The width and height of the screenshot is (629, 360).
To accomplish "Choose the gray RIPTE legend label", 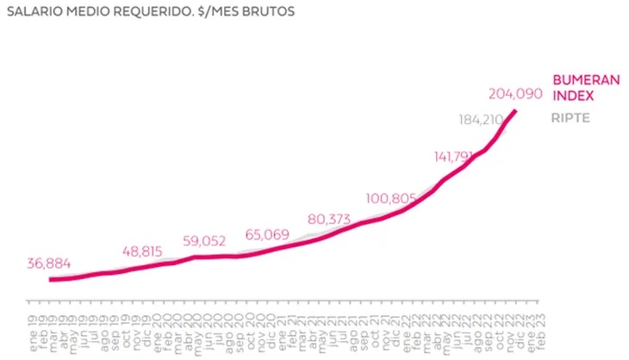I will click(570, 118).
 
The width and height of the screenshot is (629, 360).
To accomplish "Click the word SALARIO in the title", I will click(34, 13).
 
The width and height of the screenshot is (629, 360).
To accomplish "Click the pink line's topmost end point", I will click(516, 111).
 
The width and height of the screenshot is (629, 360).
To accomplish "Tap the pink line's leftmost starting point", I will click(50, 279).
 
